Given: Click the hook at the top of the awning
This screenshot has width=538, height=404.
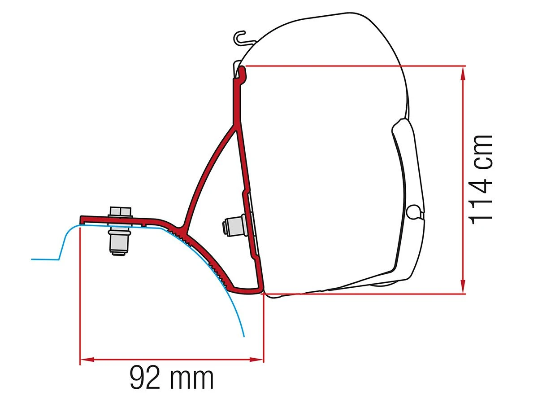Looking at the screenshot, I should click(242, 38).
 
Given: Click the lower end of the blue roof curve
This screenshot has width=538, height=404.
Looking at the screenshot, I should click(243, 335).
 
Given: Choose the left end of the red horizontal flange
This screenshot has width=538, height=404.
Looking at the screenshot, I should click(82, 219).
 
